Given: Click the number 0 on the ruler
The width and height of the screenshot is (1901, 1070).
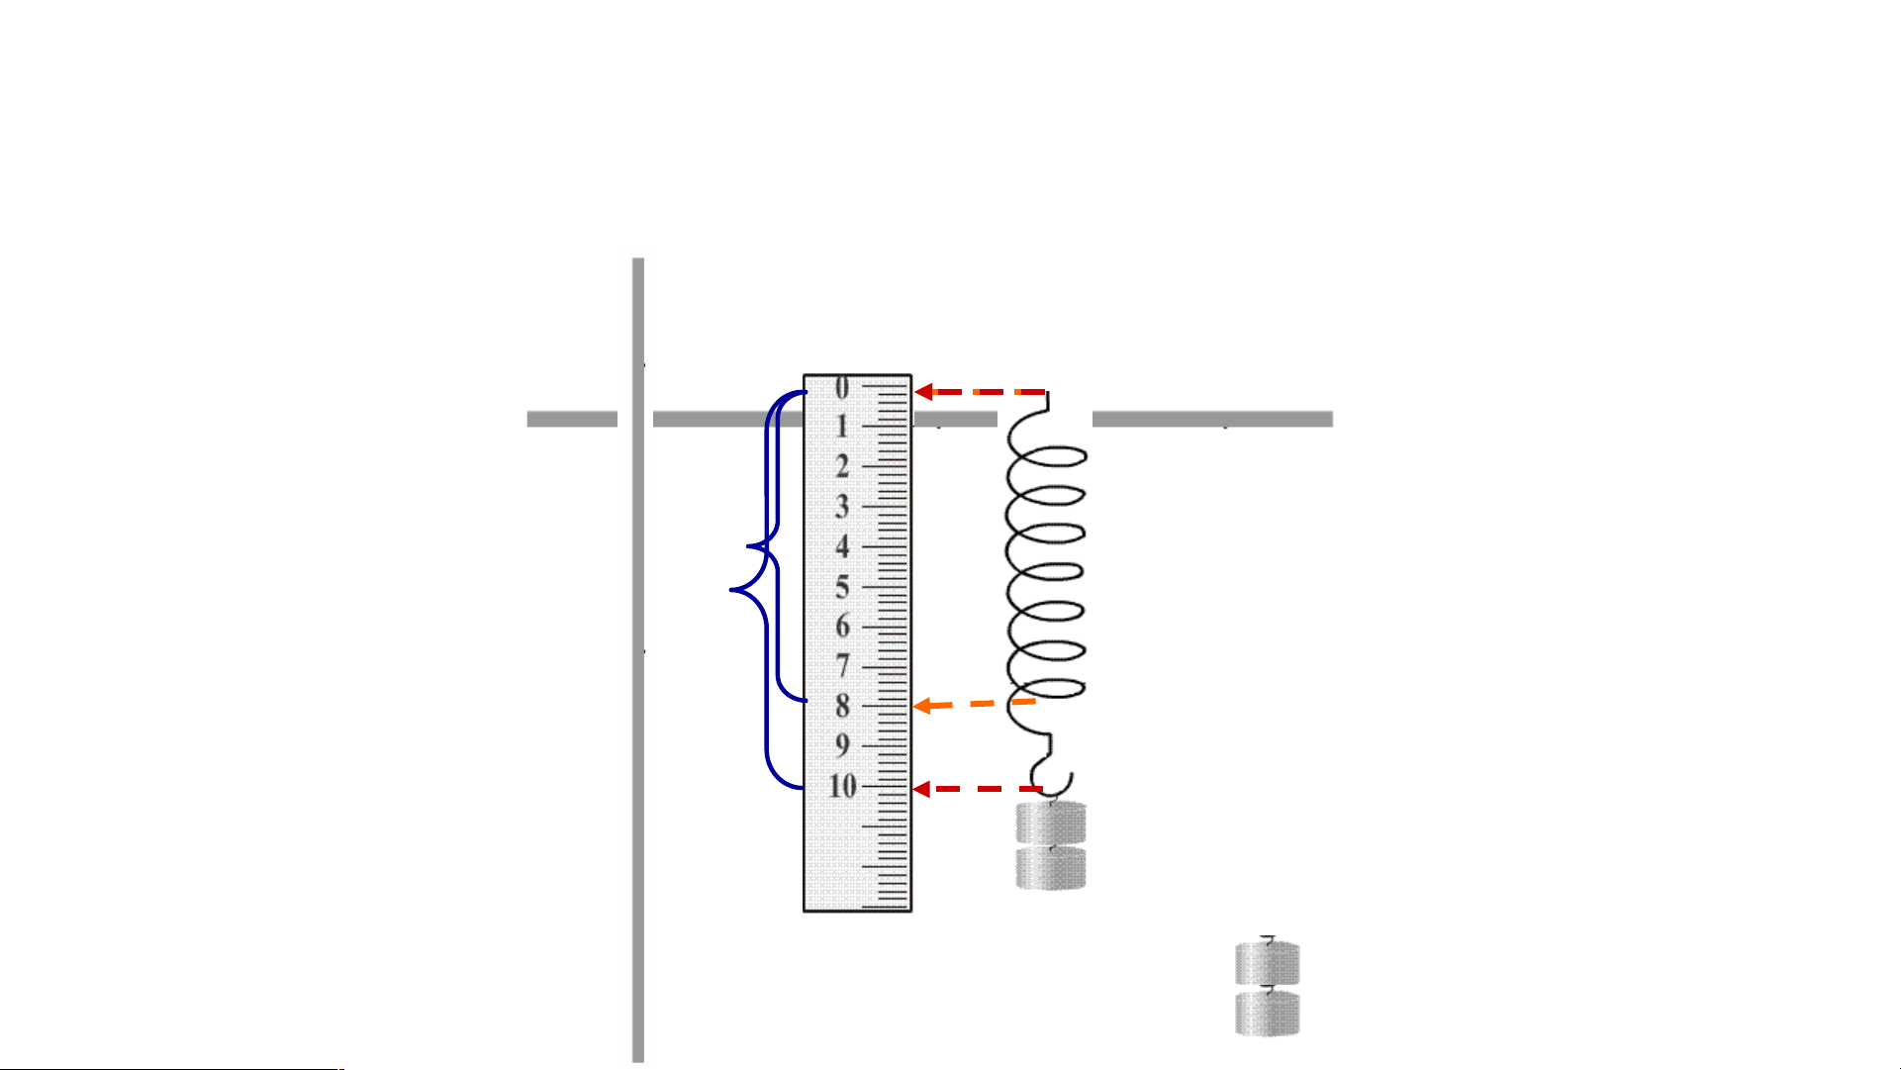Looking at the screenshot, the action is (x=842, y=388).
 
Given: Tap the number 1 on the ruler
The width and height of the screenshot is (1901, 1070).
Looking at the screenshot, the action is (x=842, y=427).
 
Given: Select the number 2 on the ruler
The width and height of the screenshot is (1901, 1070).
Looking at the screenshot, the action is (x=842, y=466).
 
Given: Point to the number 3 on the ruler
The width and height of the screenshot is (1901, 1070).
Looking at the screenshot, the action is (x=842, y=507).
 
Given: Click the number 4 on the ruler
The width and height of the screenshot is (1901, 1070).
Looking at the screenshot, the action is (x=842, y=546).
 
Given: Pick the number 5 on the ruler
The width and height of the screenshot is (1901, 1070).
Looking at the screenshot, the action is (x=842, y=587).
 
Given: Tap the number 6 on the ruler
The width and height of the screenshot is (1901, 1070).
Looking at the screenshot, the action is (x=842, y=627).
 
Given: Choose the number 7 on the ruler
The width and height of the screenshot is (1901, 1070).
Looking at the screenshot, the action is (x=842, y=666).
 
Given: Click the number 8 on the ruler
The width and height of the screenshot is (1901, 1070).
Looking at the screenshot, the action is (x=842, y=706).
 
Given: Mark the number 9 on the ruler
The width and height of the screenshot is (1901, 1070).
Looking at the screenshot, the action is (x=842, y=745).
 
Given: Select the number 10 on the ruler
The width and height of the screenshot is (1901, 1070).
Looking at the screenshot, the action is (x=842, y=786).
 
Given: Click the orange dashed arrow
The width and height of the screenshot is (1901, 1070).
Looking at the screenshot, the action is (x=975, y=704).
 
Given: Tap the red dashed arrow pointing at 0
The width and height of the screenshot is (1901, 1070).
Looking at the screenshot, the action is (x=980, y=392).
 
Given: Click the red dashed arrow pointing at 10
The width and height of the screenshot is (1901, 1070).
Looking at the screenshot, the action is (x=978, y=789).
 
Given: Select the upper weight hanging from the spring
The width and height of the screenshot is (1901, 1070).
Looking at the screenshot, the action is (x=1051, y=823).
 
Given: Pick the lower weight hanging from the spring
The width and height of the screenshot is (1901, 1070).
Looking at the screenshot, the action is (x=1051, y=868).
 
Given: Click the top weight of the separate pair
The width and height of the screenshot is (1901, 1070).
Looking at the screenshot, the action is (x=1268, y=963).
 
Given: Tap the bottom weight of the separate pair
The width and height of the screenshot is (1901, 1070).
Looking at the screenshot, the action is (x=1268, y=1014).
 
